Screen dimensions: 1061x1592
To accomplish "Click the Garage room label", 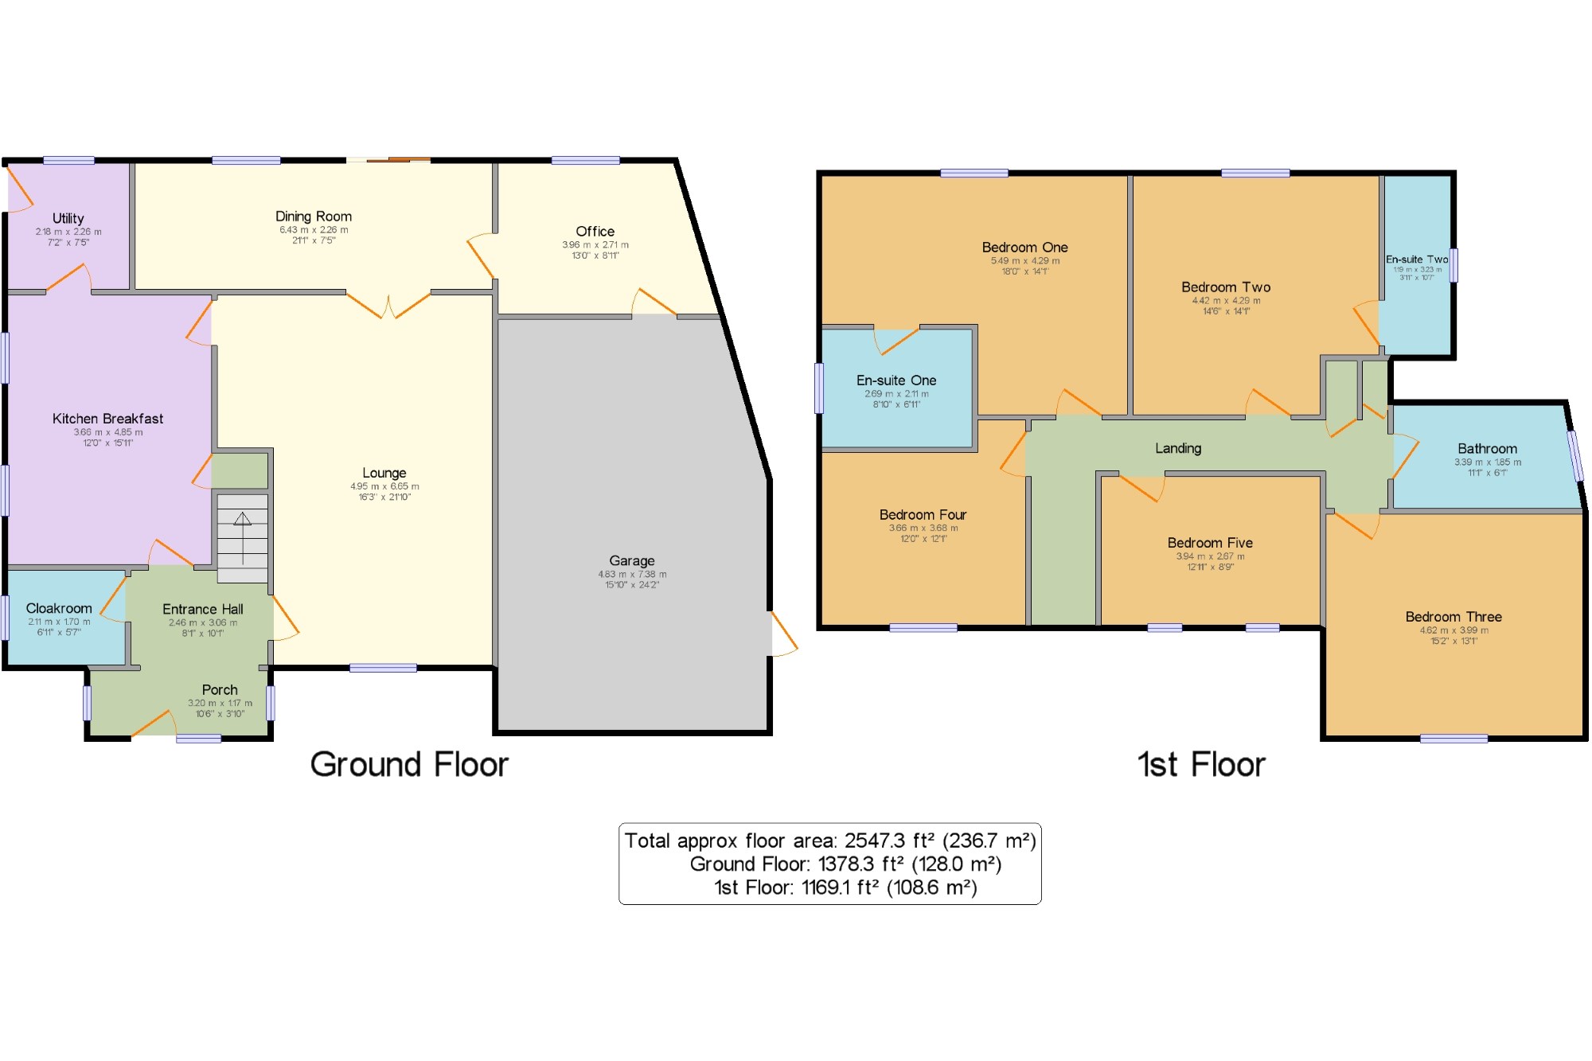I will click(x=631, y=560).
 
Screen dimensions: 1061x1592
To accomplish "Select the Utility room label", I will click(x=68, y=218).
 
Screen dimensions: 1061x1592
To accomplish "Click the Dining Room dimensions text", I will click(x=314, y=235).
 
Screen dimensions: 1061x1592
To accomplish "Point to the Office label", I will click(x=595, y=231).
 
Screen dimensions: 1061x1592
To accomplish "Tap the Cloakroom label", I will click(x=59, y=608).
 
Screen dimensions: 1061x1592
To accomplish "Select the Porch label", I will click(x=220, y=689).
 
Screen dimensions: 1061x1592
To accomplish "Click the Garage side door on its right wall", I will click(x=783, y=634).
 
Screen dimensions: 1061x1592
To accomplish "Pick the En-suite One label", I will click(x=896, y=380).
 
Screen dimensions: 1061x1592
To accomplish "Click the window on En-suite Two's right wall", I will click(x=1453, y=265).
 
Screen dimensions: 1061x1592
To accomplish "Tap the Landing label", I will click(x=1178, y=448).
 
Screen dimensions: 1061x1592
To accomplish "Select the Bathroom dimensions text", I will click(x=1487, y=467).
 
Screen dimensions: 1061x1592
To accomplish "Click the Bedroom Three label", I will click(x=1453, y=617).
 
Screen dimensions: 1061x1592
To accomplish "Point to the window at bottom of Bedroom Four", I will click(x=923, y=628).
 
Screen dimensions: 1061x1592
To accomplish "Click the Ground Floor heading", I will click(x=409, y=764).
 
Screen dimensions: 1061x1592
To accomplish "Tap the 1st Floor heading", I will click(x=1201, y=764).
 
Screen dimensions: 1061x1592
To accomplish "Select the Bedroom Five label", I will click(x=1210, y=543).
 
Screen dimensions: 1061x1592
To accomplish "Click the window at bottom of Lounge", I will click(x=383, y=668).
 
